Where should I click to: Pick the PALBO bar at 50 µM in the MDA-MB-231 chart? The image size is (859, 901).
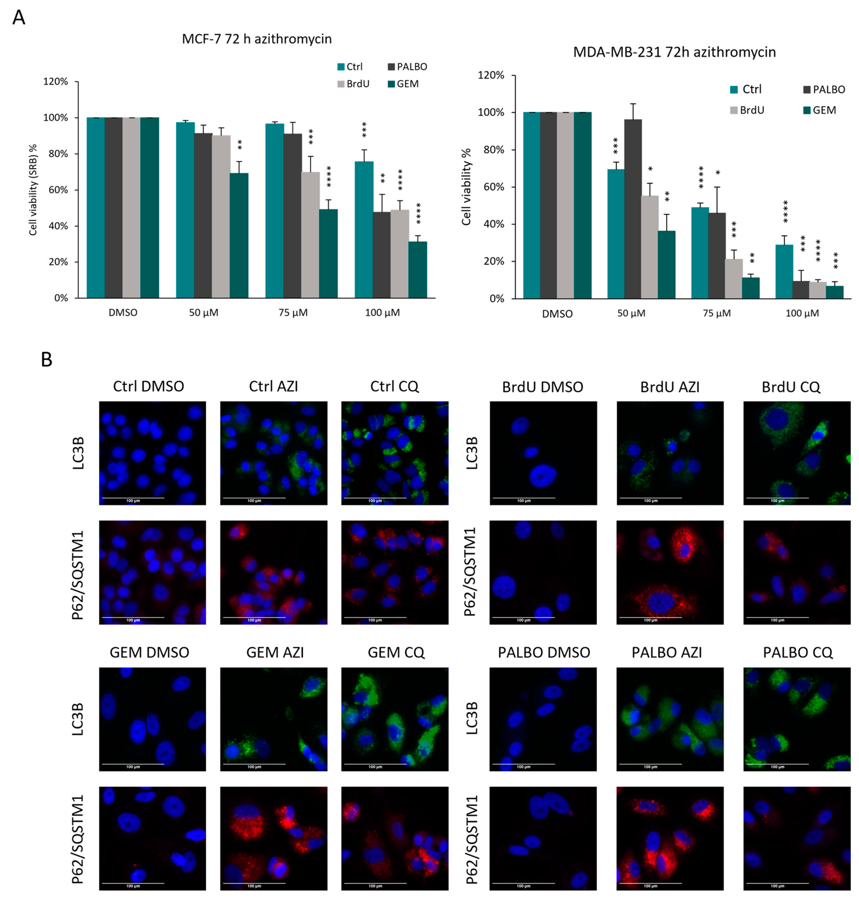[632, 208]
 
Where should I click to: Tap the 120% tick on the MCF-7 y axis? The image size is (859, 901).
[56, 81]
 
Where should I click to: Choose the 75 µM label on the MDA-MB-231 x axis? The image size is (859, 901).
[717, 313]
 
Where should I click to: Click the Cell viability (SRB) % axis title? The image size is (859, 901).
[33, 190]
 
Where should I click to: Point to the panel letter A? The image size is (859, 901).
[19, 17]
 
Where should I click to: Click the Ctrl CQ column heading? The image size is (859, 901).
[394, 386]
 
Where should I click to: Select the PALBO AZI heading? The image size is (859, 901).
[666, 652]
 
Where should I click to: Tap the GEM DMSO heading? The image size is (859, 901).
[149, 652]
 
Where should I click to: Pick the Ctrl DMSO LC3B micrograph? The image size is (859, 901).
[152, 453]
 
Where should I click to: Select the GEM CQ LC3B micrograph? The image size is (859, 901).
[394, 719]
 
